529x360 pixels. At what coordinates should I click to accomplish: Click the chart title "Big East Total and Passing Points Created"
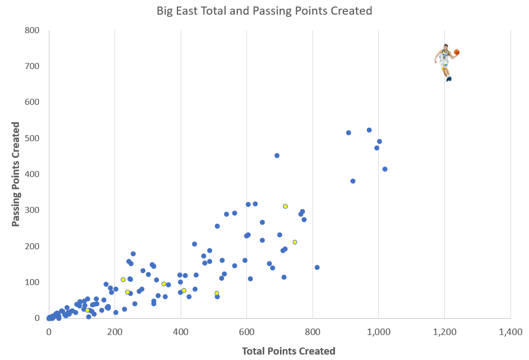264,10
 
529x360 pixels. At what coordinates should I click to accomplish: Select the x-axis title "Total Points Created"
289,351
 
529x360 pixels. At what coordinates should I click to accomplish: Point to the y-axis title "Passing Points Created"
16,174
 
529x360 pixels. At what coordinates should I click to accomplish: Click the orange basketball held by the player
457,52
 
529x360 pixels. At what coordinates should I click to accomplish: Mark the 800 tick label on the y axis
33,30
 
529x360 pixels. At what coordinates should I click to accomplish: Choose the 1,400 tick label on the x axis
511,332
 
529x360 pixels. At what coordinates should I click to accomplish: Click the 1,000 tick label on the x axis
378,332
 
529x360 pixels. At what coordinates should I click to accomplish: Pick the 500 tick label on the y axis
33,138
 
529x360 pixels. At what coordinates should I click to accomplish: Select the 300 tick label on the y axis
33,210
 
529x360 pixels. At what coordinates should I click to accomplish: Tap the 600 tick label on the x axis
246,332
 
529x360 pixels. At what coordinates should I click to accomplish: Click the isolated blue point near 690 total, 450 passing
277,155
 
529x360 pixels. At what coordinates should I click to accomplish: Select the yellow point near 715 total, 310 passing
285,206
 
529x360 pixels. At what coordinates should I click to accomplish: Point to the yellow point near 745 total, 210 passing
295,242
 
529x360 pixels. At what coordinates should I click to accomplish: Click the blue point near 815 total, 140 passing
317,267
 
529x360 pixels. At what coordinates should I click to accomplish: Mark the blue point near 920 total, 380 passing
353,181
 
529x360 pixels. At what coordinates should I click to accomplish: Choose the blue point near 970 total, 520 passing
369,130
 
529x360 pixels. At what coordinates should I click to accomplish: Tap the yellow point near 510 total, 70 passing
216,293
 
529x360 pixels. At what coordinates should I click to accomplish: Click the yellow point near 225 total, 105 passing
123,280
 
